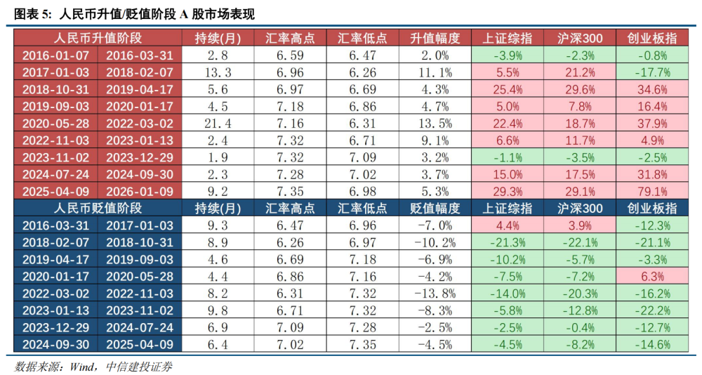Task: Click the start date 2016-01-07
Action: (x=55, y=55)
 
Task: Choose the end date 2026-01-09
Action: (x=139, y=191)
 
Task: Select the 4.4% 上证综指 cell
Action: (x=506, y=225)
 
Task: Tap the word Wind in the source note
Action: (x=83, y=366)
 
